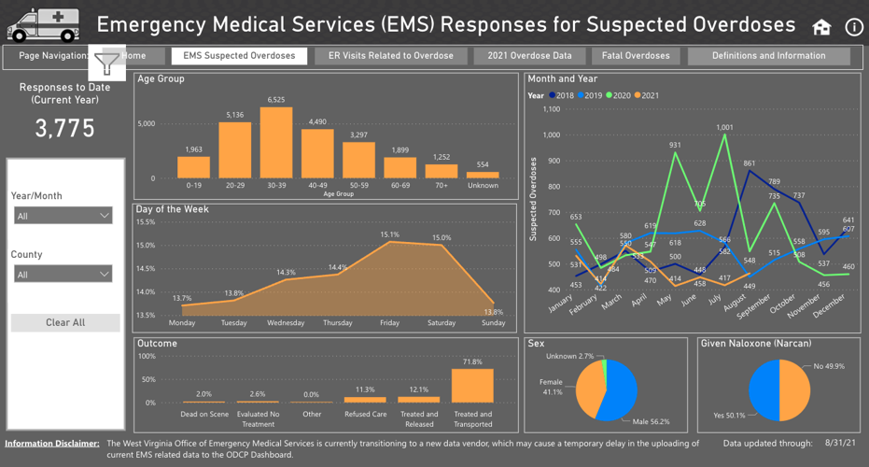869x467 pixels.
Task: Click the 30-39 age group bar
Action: (276, 143)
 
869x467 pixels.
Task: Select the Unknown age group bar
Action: (483, 175)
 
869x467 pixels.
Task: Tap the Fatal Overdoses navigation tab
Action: (637, 56)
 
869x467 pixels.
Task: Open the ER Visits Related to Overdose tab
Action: (390, 56)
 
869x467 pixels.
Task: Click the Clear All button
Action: (65, 322)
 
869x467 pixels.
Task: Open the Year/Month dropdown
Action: (63, 216)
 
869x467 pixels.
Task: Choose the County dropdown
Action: (63, 275)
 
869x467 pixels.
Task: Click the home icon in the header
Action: (821, 27)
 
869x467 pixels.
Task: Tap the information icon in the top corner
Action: (853, 27)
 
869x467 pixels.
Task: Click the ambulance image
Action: (44, 25)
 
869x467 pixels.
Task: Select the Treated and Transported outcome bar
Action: (472, 386)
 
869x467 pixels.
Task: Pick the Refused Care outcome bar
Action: (365, 399)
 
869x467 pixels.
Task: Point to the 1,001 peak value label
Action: (724, 127)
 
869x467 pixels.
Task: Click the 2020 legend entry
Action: (620, 95)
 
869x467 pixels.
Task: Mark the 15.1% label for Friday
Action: (389, 234)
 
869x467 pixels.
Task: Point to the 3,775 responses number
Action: (65, 129)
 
